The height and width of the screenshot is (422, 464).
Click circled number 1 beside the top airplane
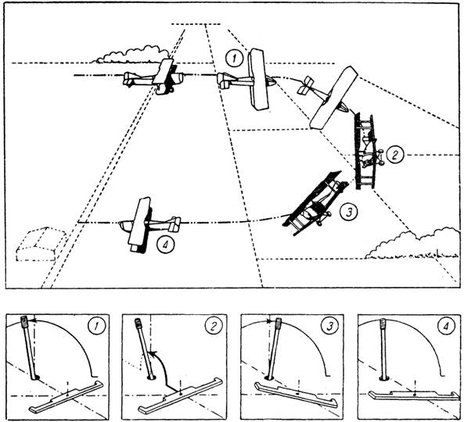234,59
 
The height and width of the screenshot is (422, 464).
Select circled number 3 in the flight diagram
349,212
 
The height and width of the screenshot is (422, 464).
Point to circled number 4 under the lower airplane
166,245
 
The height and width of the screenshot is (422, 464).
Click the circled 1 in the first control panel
96,327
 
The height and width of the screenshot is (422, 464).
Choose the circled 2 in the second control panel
213,326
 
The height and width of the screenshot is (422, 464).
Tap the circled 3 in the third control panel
329,326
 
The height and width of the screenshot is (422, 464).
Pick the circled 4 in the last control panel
446,326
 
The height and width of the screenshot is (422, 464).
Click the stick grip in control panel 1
23,321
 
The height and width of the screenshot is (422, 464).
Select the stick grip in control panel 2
138,324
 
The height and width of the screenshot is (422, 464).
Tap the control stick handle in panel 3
278,324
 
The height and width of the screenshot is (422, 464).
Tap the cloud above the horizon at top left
130,55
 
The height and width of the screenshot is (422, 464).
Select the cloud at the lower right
413,244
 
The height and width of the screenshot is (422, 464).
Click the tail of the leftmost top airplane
129,79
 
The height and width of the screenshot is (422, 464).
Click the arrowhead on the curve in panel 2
152,352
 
